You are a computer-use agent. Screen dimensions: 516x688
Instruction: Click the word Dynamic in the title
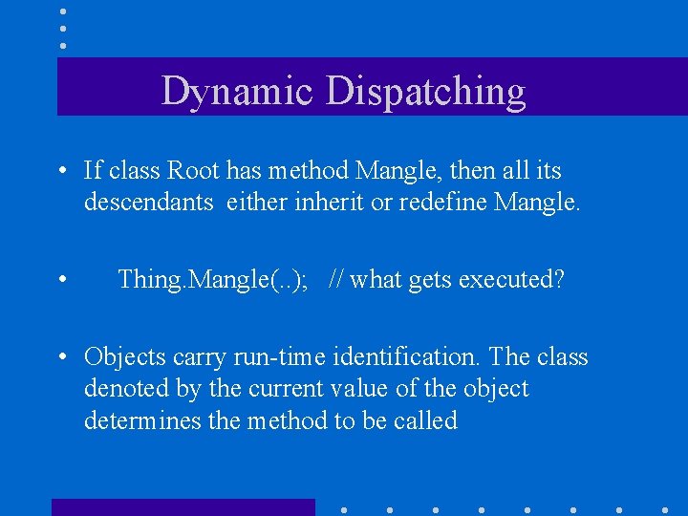coord(238,92)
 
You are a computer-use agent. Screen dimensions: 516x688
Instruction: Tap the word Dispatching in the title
coord(426,92)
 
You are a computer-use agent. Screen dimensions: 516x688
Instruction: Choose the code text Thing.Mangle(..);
coord(217,280)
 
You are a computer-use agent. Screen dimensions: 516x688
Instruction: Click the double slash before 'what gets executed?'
coord(335,280)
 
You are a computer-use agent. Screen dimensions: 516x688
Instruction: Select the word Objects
coord(124,357)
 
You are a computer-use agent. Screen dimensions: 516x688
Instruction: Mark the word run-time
coord(270,357)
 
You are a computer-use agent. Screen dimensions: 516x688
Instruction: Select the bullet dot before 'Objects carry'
coord(61,358)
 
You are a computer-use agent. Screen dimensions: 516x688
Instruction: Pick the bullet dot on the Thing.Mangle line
coord(61,281)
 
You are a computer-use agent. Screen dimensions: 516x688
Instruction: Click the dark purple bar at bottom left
coord(183,507)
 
